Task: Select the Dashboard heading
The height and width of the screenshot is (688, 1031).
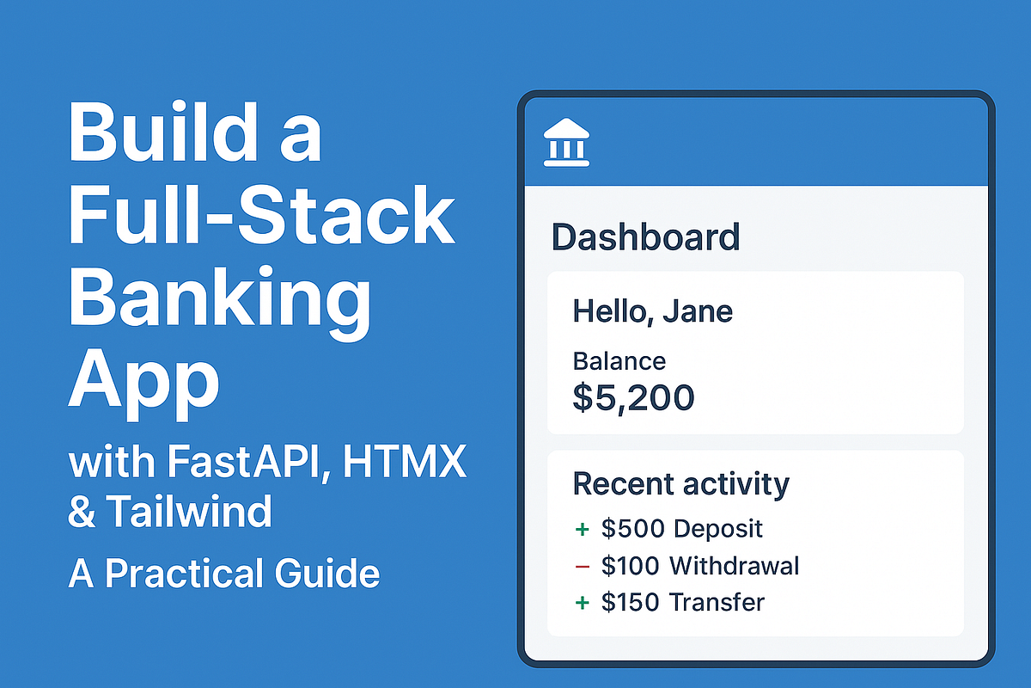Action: (645, 236)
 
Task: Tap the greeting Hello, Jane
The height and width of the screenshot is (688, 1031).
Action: (652, 310)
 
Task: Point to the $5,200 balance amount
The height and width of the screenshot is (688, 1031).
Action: (633, 397)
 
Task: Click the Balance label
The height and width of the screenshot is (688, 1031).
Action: (619, 361)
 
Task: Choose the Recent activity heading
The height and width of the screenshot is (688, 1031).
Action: (680, 484)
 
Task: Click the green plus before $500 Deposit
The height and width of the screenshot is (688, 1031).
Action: (582, 529)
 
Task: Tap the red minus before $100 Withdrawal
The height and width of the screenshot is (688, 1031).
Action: (582, 566)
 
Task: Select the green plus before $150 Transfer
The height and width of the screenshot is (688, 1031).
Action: (582, 603)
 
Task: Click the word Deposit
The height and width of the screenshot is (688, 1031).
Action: (718, 528)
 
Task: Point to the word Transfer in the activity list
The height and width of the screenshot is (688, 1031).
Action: (717, 602)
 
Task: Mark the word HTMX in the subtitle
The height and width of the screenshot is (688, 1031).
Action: (404, 465)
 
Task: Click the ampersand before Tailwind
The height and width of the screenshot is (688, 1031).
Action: (82, 513)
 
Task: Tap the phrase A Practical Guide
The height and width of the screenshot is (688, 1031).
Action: (223, 573)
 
